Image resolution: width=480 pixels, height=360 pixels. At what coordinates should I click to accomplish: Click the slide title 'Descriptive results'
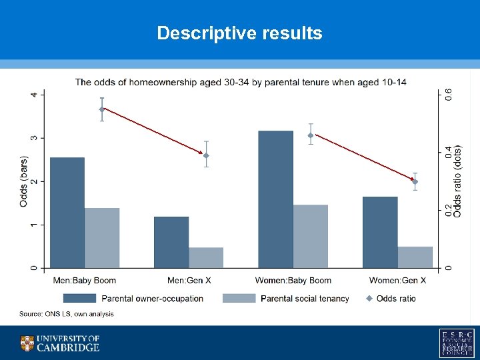coord(239,33)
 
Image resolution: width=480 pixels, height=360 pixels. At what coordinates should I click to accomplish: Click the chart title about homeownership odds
coord(240,82)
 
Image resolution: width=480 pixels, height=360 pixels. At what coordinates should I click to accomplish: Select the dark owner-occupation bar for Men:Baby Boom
coord(67,213)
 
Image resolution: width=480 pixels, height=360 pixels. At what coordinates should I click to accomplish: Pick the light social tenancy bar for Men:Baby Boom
coord(102,238)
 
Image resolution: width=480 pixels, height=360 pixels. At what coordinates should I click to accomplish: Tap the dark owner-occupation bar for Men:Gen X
coord(171,242)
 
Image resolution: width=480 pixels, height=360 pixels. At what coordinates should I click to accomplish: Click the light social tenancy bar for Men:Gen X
coord(206,258)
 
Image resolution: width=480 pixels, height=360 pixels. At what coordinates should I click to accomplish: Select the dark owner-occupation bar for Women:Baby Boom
coord(275,199)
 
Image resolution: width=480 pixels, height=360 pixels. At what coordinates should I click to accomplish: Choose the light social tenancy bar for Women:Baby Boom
coord(311,236)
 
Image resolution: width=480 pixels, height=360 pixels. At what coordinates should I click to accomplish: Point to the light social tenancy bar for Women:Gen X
coord(415,257)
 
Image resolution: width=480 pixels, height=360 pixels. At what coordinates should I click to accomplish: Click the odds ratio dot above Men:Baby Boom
coord(102,109)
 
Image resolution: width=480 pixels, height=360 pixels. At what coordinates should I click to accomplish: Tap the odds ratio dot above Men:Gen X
coord(206,155)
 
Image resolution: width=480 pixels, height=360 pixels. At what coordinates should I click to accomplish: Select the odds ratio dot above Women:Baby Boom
coord(311,135)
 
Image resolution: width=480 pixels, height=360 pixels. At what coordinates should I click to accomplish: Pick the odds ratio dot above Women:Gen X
coord(415,181)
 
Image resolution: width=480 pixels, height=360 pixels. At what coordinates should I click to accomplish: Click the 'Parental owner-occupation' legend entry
coord(133,298)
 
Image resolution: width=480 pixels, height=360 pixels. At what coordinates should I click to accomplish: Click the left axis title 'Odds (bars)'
coord(23,181)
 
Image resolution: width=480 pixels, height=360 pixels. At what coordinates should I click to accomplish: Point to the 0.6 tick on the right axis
coord(448,95)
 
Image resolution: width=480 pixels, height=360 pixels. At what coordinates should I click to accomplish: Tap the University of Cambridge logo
coord(60,343)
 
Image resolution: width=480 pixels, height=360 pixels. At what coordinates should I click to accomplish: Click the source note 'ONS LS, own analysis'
coord(67,313)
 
